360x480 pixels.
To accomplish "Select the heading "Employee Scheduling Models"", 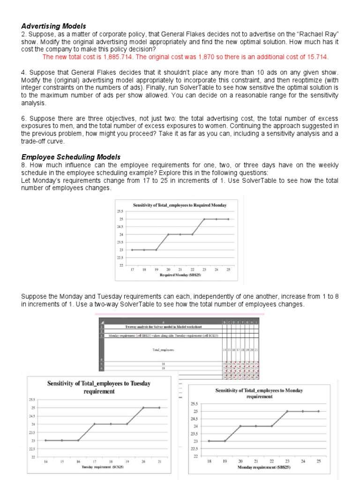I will coord(71,157).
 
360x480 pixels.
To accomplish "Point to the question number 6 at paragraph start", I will coord(24,119).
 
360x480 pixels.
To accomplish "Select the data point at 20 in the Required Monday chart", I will coord(168,234).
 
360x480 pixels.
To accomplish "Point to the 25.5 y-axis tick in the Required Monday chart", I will coord(120,211).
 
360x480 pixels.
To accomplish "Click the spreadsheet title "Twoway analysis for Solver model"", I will coord(160,327).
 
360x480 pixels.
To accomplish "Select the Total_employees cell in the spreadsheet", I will coord(164,350).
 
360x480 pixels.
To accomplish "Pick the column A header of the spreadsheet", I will coord(160,322).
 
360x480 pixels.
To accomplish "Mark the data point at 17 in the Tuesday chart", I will coord(95,424).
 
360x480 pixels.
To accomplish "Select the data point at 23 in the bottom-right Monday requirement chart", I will coord(287,411).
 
